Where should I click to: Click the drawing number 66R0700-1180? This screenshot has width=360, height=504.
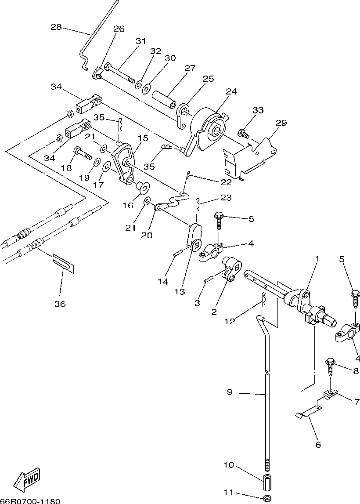coord(30,501)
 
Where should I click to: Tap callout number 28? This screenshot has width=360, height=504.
coord(56,27)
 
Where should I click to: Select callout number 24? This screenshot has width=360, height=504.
coord(231,91)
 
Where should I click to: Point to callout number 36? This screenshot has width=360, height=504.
coord(60,304)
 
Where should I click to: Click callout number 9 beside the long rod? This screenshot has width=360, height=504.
coord(229,392)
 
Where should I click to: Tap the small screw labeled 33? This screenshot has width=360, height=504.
coord(243,133)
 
